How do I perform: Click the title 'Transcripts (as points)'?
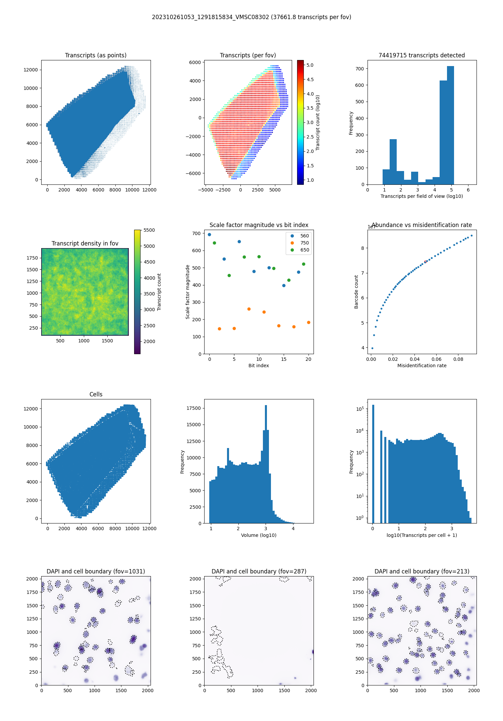pos(96,55)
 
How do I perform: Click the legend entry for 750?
pos(304,243)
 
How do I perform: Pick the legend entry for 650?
pos(304,250)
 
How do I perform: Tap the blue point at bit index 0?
pos(210,235)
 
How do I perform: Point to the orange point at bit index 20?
pos(309,322)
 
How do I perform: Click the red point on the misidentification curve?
pos(425,262)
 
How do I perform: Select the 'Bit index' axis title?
pos(259,366)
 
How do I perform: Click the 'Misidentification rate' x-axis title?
pos(422,366)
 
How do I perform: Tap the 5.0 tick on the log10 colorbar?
pos(310,65)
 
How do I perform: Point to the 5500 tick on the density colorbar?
pos(149,230)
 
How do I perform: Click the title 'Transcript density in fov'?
pos(85,243)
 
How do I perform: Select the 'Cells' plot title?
pos(96,394)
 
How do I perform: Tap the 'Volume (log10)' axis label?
pos(259,535)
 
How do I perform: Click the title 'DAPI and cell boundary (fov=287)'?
pos(259,571)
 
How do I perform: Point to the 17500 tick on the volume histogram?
pos(194,408)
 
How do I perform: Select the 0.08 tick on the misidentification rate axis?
pos(458,359)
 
